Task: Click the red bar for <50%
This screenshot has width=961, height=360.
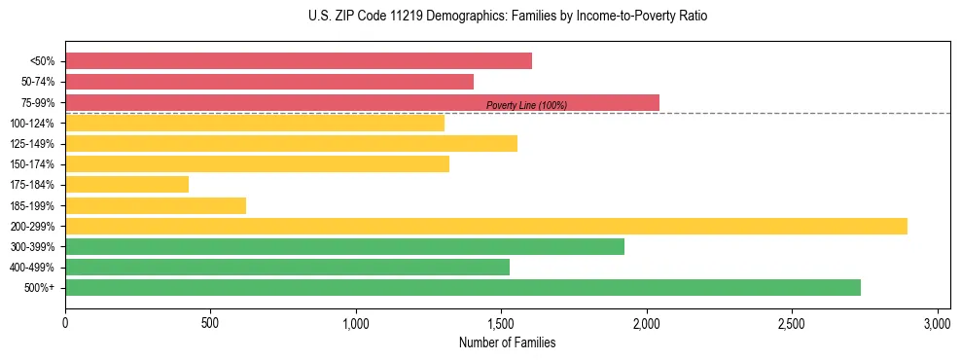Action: [x=299, y=60]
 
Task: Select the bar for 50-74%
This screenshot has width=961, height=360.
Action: [x=269, y=82]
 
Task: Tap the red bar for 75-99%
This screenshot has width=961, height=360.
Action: [x=362, y=102]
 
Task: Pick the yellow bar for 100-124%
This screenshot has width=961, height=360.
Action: [x=255, y=123]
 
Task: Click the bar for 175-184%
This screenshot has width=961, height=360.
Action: [x=126, y=184]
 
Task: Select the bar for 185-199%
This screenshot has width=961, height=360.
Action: [x=156, y=205]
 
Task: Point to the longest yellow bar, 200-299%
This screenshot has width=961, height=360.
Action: [x=486, y=226]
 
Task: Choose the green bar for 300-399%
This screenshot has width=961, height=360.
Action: [x=344, y=246]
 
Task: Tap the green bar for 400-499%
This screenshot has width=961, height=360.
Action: [x=287, y=267]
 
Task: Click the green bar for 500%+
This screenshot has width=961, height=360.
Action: [x=463, y=287]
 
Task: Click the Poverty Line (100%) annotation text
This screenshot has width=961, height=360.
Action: [x=526, y=105]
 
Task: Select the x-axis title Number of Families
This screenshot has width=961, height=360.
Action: [x=507, y=342]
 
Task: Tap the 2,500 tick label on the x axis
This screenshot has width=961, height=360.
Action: [x=792, y=323]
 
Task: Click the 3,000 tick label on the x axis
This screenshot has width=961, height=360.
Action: [x=937, y=323]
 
